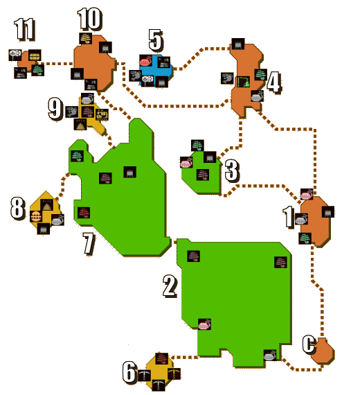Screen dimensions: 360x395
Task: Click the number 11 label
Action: tap(24, 29)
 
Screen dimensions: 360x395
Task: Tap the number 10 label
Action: tap(90, 19)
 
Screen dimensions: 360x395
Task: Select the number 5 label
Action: tap(155, 40)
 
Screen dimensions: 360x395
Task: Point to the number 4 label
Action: tap(273, 82)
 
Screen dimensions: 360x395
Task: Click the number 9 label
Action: tap(55, 109)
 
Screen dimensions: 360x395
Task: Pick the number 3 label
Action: tap(232, 170)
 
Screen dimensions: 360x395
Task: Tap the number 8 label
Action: tap(18, 208)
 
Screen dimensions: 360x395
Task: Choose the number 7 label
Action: tap(89, 243)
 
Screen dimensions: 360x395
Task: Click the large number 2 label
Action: tap(170, 286)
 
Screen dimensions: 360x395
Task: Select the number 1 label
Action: tap(289, 217)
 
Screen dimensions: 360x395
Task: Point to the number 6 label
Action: tap(129, 372)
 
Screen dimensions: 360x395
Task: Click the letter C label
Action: tap(309, 344)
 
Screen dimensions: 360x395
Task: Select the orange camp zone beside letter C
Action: tap(323, 351)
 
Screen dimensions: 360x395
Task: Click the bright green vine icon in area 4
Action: tap(244, 82)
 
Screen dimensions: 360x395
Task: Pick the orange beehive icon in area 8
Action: tap(36, 216)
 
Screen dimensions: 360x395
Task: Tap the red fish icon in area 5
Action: tap(146, 61)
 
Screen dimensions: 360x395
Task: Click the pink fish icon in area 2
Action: tap(204, 324)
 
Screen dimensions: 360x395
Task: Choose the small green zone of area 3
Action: tap(201, 173)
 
